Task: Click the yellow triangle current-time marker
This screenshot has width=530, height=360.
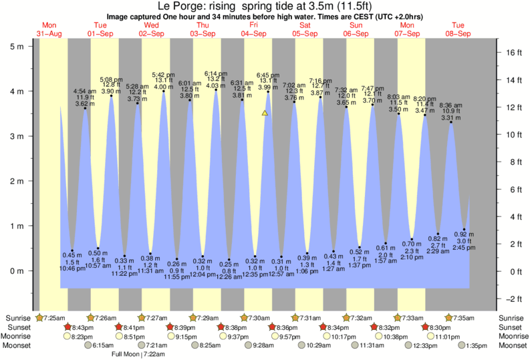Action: pyautogui.click(x=265, y=113)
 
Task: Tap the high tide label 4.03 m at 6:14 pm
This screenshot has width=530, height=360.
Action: pyautogui.click(x=217, y=85)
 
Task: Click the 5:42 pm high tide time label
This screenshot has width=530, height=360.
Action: pyautogui.click(x=164, y=74)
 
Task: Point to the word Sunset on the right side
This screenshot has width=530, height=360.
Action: pyautogui.click(x=512, y=327)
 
